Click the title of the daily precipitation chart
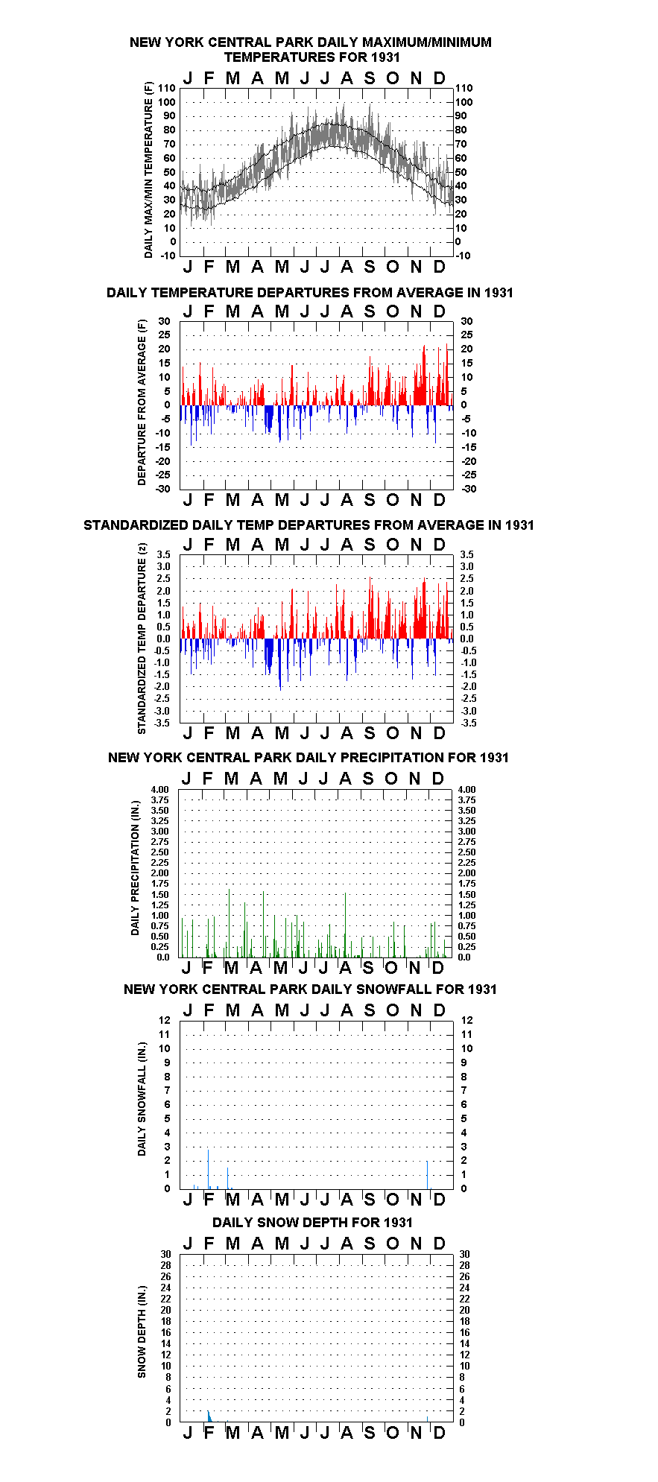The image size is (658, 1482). point(309,758)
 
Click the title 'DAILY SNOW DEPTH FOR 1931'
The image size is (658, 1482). point(312,1223)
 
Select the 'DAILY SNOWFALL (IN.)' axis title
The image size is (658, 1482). point(142,1099)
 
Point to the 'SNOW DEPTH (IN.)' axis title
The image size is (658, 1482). point(142,1331)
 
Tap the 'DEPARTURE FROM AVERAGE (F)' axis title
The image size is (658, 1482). point(142,402)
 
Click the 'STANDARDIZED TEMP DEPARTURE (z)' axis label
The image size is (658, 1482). point(142,639)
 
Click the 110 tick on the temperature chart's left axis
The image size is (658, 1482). point(167,88)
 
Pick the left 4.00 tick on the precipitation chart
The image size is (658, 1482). point(160,790)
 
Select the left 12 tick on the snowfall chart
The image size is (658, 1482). point(165,1020)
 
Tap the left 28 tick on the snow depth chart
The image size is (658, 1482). point(165,1265)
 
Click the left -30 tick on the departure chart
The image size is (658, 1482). point(163,489)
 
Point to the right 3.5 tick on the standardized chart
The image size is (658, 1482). point(466,554)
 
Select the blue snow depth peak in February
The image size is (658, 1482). point(209,1416)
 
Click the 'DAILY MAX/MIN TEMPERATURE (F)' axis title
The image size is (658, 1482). point(148,170)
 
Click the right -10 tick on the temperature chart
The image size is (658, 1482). point(464,256)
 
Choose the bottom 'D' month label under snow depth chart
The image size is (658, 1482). point(439,1433)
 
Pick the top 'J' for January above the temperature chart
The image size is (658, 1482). point(188,78)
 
